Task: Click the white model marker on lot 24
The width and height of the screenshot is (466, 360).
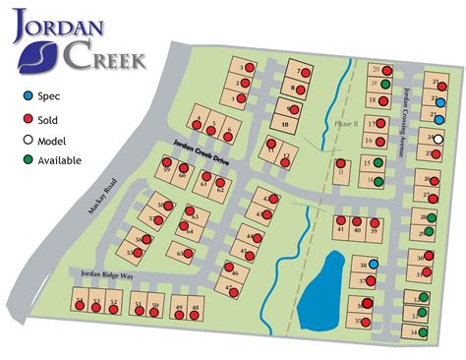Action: [x=438, y=139]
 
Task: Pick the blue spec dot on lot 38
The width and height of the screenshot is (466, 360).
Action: [x=374, y=264]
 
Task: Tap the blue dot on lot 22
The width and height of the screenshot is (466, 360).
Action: [x=440, y=102]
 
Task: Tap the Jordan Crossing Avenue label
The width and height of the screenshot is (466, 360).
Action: [x=411, y=108]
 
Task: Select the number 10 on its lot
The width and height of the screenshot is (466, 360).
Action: [x=283, y=126]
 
